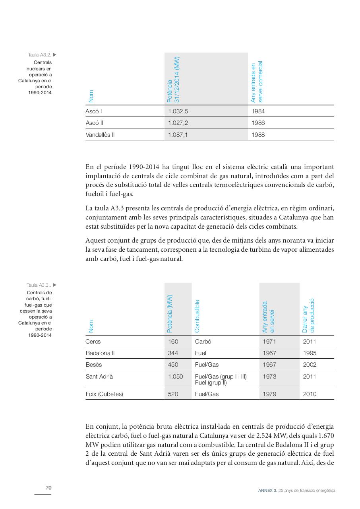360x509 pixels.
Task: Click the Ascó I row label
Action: pyautogui.click(x=94, y=111)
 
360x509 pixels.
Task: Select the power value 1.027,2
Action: pyautogui.click(x=178, y=123)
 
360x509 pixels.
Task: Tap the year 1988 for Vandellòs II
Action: pyautogui.click(x=258, y=135)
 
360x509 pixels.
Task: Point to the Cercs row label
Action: pyautogui.click(x=93, y=342)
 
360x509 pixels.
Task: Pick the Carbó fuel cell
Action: pyautogui.click(x=203, y=342)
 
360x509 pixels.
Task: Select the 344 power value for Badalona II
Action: pyautogui.click(x=173, y=353)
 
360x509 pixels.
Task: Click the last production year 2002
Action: pyautogui.click(x=310, y=365)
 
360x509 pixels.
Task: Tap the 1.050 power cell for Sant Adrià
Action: pyautogui.click(x=176, y=377)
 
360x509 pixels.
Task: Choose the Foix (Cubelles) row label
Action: pyautogui.click(x=104, y=394)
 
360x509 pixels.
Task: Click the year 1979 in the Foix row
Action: pyautogui.click(x=269, y=394)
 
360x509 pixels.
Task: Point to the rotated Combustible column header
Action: pyautogui.click(x=197, y=316)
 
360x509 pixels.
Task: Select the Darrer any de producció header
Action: pyautogui.click(x=308, y=315)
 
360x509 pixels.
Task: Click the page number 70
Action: pyautogui.click(x=48, y=488)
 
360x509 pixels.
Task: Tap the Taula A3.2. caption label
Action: pyautogui.click(x=39, y=55)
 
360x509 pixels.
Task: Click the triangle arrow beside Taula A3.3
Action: pyautogui.click(x=55, y=285)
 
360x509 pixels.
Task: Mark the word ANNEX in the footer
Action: pyautogui.click(x=265, y=491)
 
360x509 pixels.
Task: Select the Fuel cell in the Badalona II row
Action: pyautogui.click(x=201, y=353)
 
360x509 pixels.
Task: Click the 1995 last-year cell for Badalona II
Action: pyautogui.click(x=310, y=353)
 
